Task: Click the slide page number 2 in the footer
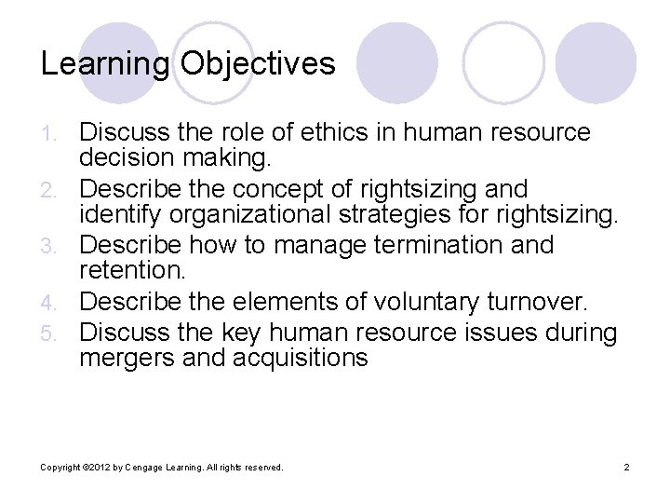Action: [627, 467]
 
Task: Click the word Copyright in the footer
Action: [59, 467]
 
